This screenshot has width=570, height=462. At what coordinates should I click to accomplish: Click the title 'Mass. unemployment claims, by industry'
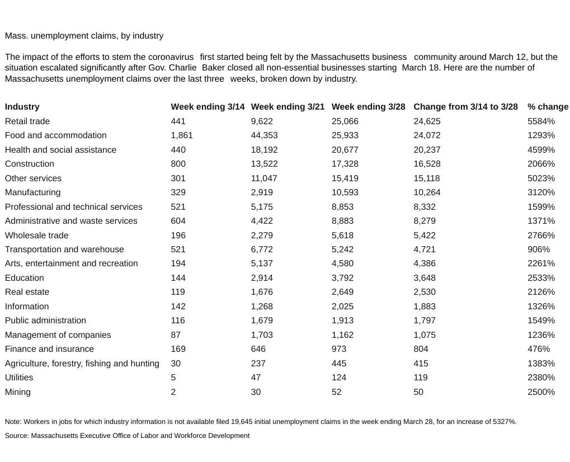(x=84, y=36)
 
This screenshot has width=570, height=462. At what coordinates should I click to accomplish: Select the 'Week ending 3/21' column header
(x=288, y=107)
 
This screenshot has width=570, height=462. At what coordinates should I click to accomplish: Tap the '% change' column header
(x=548, y=107)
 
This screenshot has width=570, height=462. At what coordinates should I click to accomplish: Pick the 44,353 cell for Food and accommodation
(x=265, y=135)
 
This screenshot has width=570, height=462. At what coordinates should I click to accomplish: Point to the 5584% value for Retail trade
(x=541, y=121)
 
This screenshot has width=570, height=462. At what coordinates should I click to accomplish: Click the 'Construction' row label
(x=30, y=164)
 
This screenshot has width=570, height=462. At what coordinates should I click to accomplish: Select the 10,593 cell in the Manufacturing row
(x=345, y=192)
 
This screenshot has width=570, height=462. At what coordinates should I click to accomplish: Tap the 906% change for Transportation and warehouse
(x=539, y=249)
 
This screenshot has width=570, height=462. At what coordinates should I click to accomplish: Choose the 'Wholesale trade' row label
(x=36, y=235)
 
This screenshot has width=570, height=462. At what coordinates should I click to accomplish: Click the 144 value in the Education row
(x=178, y=278)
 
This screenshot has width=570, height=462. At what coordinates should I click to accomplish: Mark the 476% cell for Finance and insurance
(x=539, y=349)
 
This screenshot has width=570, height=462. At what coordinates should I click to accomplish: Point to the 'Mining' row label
(x=18, y=392)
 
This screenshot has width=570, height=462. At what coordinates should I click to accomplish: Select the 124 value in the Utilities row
(x=339, y=378)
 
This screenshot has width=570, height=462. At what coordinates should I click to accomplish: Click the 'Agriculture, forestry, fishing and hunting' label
(x=82, y=364)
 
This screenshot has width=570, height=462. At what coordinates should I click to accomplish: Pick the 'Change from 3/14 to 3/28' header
(x=465, y=107)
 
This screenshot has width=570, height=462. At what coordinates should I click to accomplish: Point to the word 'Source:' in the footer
(x=17, y=436)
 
